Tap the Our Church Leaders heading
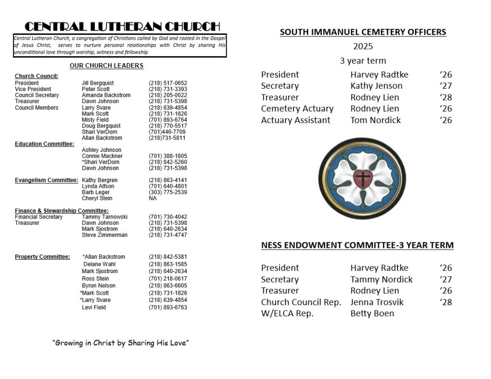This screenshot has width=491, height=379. coord(106,66)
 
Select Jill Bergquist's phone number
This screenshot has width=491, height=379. coord(168,83)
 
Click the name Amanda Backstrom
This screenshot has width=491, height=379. coord(106,95)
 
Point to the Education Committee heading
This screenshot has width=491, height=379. coord(44,144)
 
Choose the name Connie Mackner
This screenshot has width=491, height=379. coord(102,156)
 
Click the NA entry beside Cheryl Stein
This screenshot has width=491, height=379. coord(153,198)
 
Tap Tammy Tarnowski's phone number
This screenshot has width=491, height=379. coord(168,217)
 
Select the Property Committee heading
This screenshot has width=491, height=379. coord(42,257)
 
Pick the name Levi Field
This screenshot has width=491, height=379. coord(94,307)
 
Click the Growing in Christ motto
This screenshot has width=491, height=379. coord(120,343)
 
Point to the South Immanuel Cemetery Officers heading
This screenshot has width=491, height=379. coord(362,33)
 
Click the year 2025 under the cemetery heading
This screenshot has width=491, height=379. coord(363,47)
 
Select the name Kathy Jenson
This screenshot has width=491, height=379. coord(376,86)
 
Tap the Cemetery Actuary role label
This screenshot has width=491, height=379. coord(297,109)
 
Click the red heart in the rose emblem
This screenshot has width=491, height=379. coord(363,178)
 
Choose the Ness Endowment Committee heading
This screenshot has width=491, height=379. coord(357,246)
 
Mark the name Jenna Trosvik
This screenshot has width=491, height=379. coord(377,302)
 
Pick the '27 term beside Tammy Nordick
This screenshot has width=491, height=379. coord(445,279)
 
